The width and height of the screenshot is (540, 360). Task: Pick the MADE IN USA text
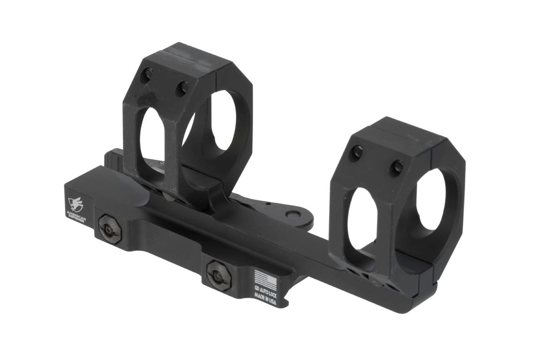point(265,298)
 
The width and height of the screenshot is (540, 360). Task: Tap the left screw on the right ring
point(358,151)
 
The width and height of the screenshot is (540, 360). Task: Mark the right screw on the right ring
point(397,165)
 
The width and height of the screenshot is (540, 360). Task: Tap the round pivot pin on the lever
point(294,215)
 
